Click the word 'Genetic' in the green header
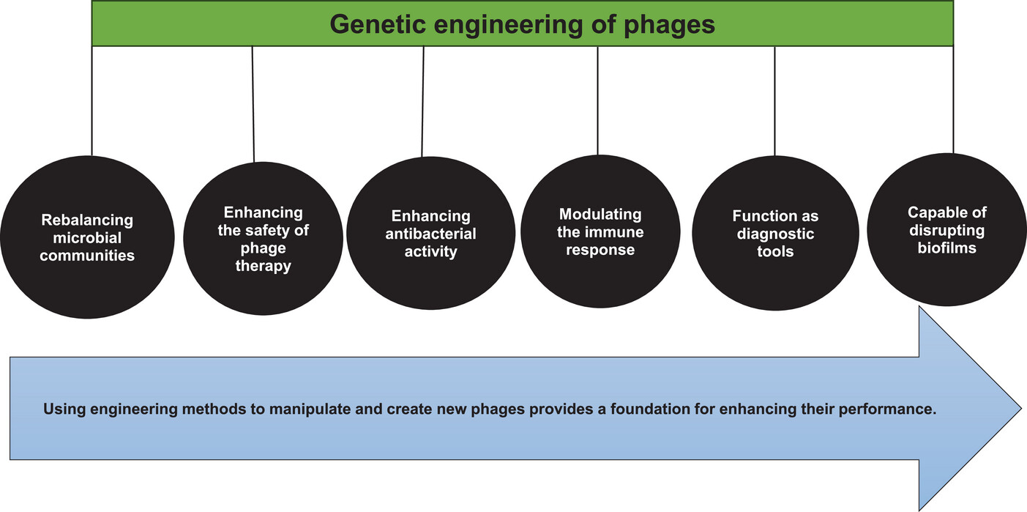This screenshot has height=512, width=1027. point(378,24)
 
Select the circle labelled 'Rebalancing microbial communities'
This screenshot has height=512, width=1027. point(87,237)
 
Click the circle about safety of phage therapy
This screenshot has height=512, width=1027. point(264,239)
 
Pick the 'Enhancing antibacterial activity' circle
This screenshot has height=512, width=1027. point(431,233)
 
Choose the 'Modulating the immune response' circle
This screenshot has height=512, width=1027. point(601,231)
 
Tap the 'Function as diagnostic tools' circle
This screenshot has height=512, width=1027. point(775,233)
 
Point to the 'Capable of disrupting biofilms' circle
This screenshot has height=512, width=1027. point(946,229)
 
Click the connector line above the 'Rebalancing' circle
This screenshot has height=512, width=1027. point(92,101)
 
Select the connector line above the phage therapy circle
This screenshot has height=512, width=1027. point(253,104)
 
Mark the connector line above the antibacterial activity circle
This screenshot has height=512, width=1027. point(422,101)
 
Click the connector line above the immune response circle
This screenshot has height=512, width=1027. point(598,100)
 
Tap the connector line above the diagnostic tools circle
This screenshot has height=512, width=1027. point(775,101)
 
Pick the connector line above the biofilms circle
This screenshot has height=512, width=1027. point(953,100)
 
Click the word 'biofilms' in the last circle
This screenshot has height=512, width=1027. point(946,248)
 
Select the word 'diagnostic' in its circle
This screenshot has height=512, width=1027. point(775,234)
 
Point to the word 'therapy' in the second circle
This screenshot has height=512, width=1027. point(264,266)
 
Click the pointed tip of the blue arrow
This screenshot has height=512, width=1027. point(1021,408)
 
